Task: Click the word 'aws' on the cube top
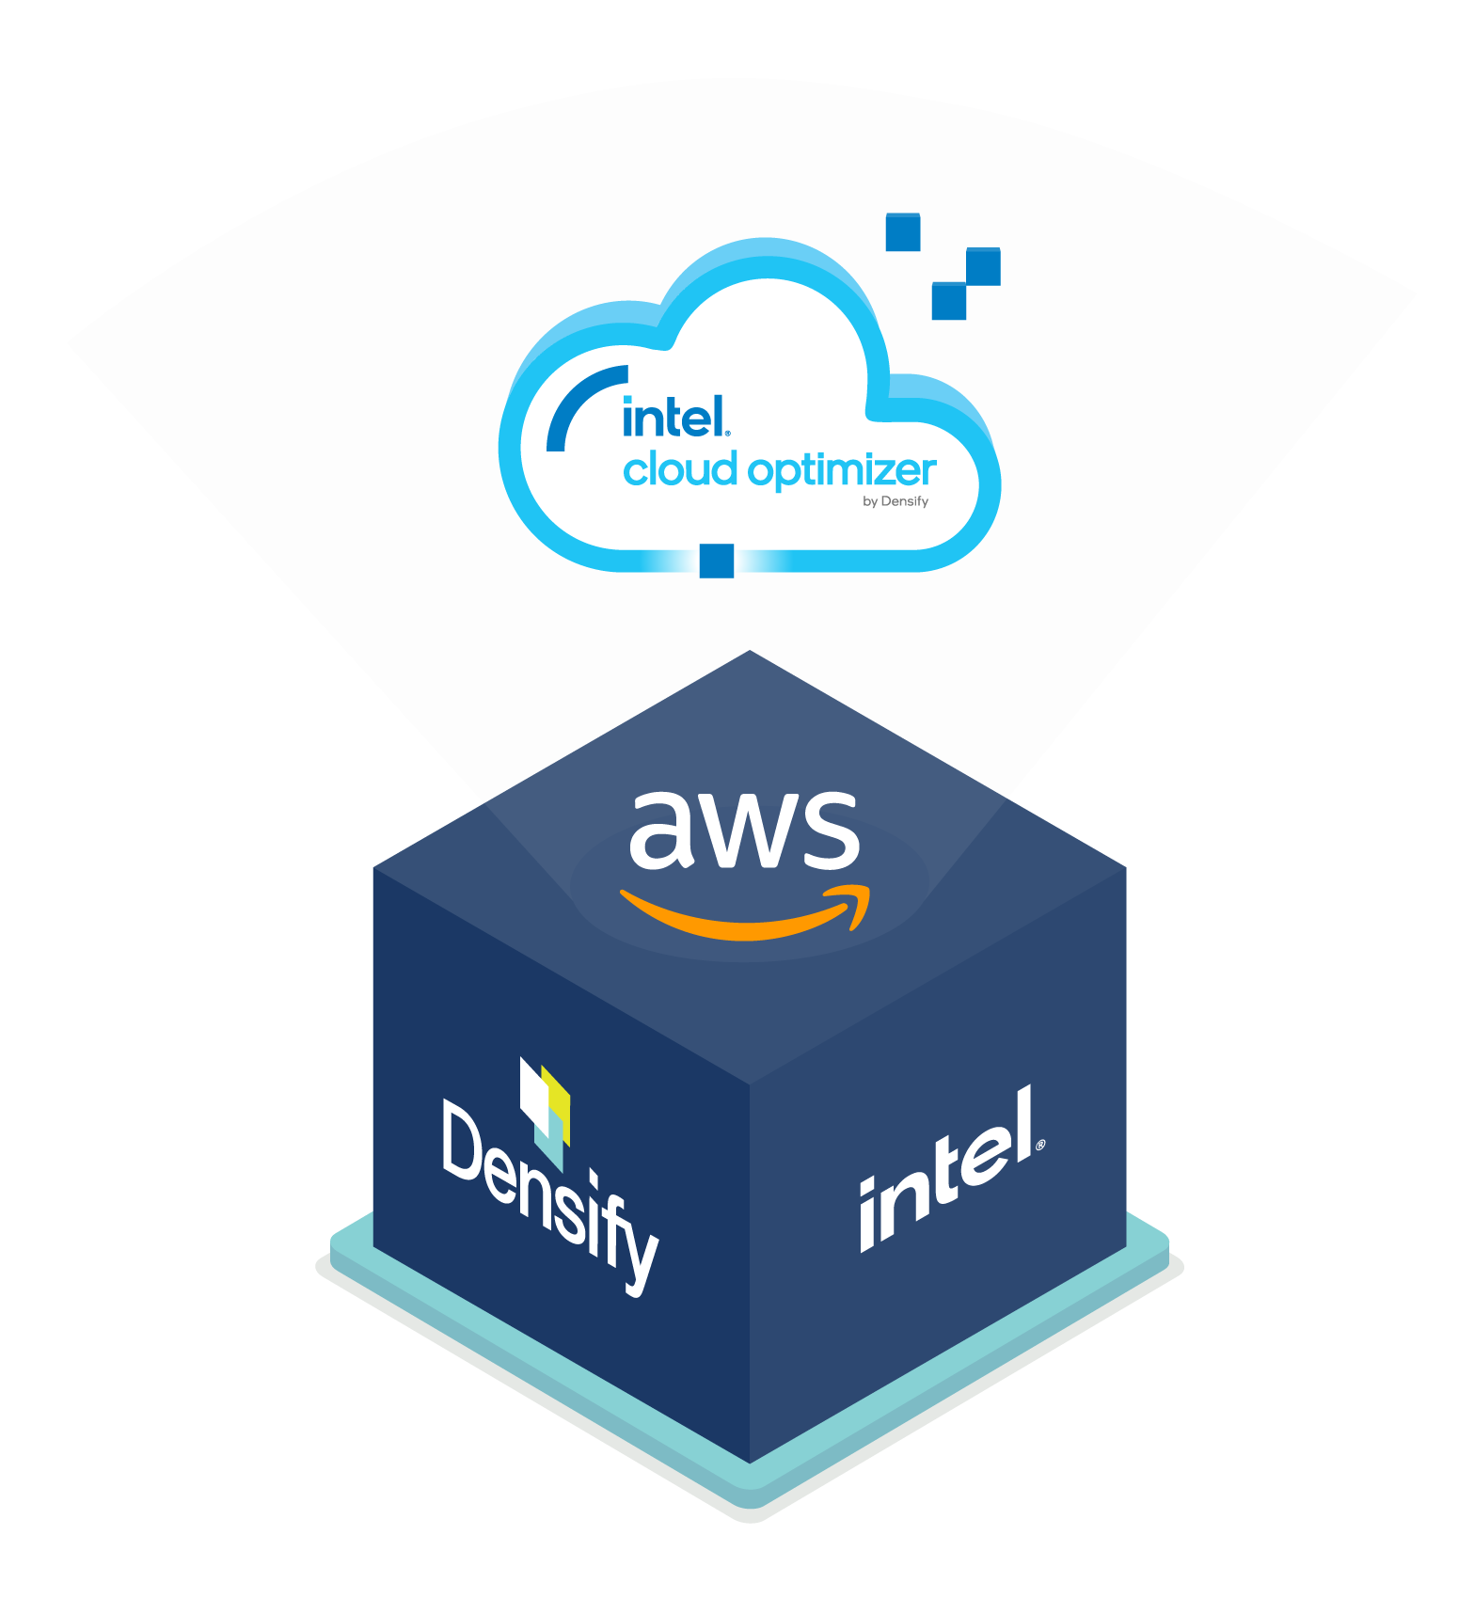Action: (x=743, y=830)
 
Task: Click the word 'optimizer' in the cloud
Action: (x=842, y=470)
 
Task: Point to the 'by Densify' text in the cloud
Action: (x=895, y=501)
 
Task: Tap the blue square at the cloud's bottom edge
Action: (x=716, y=561)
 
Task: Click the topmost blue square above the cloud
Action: (x=903, y=232)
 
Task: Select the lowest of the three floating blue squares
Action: (x=948, y=301)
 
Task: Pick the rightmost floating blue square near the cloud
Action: (x=983, y=266)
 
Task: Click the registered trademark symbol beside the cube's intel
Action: (x=1039, y=1146)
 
